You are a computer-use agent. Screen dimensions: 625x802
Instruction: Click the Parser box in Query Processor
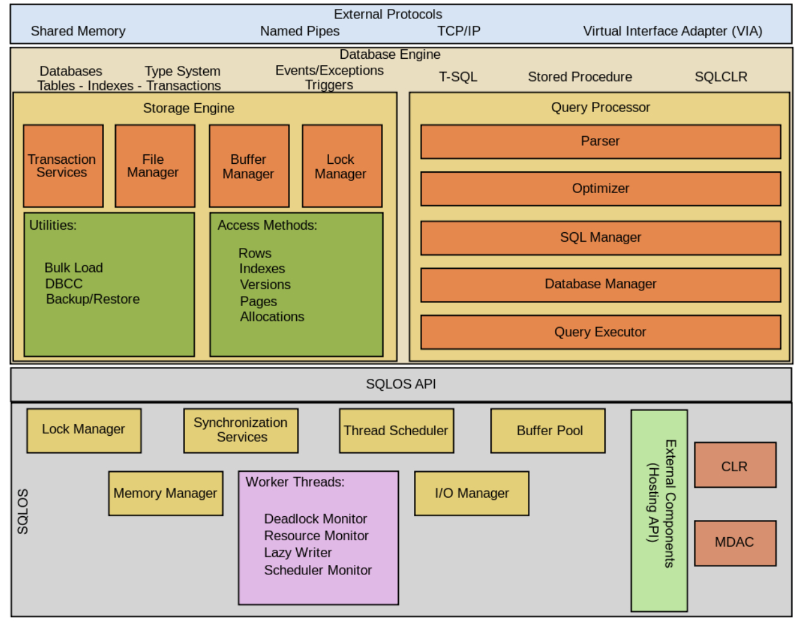tap(600, 141)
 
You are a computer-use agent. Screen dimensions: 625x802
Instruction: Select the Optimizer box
tap(600, 189)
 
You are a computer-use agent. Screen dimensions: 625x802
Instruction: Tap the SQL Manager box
tap(600, 237)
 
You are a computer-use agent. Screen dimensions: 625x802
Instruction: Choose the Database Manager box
tap(600, 284)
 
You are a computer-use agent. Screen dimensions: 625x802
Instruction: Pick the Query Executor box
tap(600, 332)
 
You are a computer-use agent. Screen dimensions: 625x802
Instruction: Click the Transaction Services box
tap(63, 166)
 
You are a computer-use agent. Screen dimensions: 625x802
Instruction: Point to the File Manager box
tap(154, 166)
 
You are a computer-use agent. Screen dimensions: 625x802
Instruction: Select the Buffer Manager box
tap(249, 166)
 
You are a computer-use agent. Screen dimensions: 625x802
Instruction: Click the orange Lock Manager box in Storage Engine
tap(342, 166)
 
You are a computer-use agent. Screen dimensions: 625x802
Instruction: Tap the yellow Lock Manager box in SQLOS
tap(84, 430)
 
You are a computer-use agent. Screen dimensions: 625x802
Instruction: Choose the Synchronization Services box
tap(241, 430)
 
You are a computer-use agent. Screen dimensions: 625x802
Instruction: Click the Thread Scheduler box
tap(396, 431)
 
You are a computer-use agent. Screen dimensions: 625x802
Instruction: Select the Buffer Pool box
tap(548, 431)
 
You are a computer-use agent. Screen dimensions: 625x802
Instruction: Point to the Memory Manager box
tap(165, 493)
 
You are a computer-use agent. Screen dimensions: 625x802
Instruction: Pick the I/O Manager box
tap(472, 493)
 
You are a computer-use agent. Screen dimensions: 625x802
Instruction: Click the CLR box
tap(734, 466)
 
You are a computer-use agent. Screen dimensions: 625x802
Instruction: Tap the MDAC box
tap(734, 542)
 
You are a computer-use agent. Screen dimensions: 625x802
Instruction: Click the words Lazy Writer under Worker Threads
tap(298, 553)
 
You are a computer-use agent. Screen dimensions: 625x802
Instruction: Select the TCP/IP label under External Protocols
tap(458, 31)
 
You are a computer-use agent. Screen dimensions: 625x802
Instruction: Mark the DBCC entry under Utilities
tap(64, 284)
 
